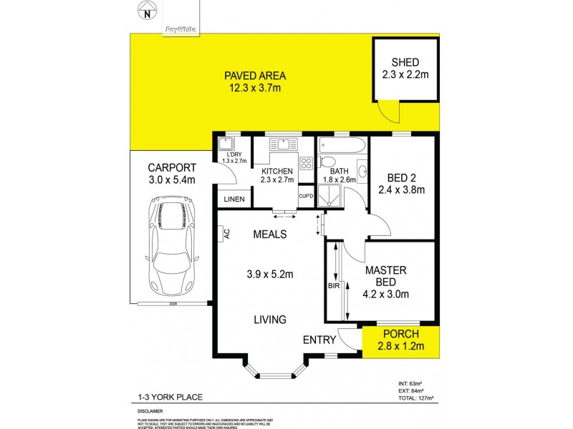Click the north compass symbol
coord(147,11)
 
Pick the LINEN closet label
coord(234,199)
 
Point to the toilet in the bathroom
coord(327,162)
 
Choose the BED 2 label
coord(401,176)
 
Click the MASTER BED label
coord(386,276)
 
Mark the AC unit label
coord(225,232)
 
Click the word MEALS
coord(269,234)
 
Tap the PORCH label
coord(400,334)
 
